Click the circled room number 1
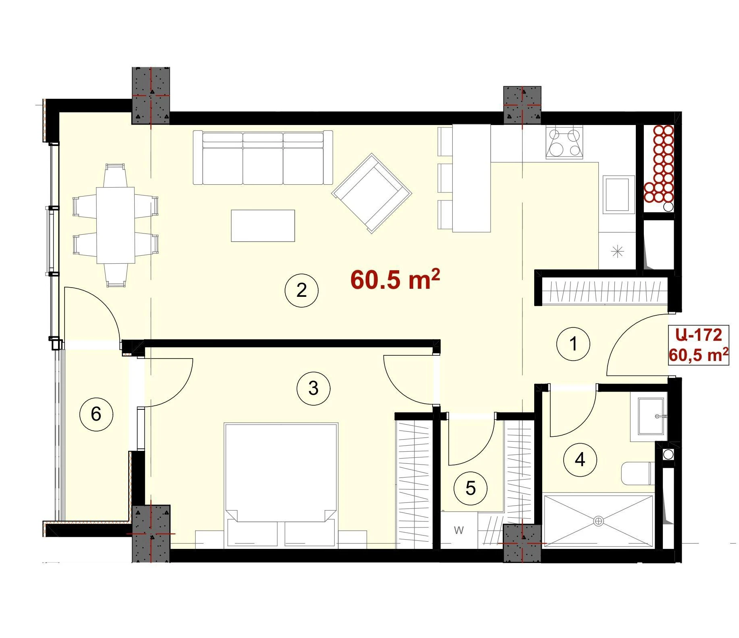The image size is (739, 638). point(573,344)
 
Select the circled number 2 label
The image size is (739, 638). point(302,290)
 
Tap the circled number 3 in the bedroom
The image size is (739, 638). point(313,388)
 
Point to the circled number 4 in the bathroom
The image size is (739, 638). point(580,460)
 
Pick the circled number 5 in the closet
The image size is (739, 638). point(470,488)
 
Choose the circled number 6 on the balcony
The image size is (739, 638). point(96,414)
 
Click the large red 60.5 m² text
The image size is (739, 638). point(395,279)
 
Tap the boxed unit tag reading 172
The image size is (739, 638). point(698,345)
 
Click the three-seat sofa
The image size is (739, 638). point(263,157)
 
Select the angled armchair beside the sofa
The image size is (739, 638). point(372,193)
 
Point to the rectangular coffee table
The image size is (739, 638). point(263,226)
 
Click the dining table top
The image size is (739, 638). point(115,225)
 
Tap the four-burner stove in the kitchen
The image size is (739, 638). point(564,142)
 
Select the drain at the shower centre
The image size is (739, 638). point(598,521)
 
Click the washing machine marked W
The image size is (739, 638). point(459,530)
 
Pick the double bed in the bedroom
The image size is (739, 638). point(281,486)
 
